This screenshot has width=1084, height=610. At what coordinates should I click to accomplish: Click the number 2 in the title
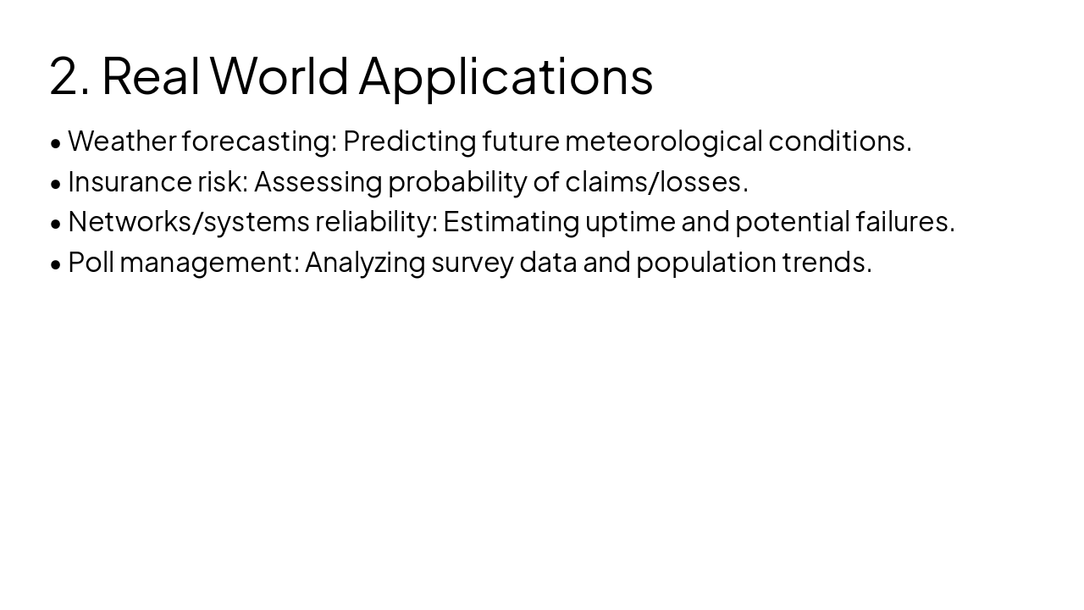click(64, 76)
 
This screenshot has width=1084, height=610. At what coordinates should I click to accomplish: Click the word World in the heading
click(279, 76)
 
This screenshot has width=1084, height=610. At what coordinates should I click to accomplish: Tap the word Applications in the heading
click(506, 76)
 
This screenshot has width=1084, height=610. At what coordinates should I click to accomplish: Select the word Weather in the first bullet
click(122, 141)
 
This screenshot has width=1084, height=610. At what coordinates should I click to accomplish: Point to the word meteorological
click(663, 141)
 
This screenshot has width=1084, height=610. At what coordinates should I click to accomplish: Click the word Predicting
click(409, 141)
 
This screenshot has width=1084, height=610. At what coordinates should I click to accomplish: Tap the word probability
click(457, 181)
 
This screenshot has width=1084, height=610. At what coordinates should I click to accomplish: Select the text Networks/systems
click(188, 222)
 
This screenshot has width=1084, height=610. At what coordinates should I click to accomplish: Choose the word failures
click(904, 222)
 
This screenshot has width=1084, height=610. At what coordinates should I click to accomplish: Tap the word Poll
click(90, 263)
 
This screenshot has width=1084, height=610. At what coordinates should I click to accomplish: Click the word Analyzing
click(364, 263)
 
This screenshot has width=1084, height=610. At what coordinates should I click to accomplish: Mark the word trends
click(827, 263)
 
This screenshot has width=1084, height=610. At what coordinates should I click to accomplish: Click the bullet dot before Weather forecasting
click(56, 143)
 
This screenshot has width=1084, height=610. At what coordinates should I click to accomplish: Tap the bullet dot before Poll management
click(56, 264)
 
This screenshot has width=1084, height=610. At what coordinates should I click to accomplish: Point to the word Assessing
click(318, 181)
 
